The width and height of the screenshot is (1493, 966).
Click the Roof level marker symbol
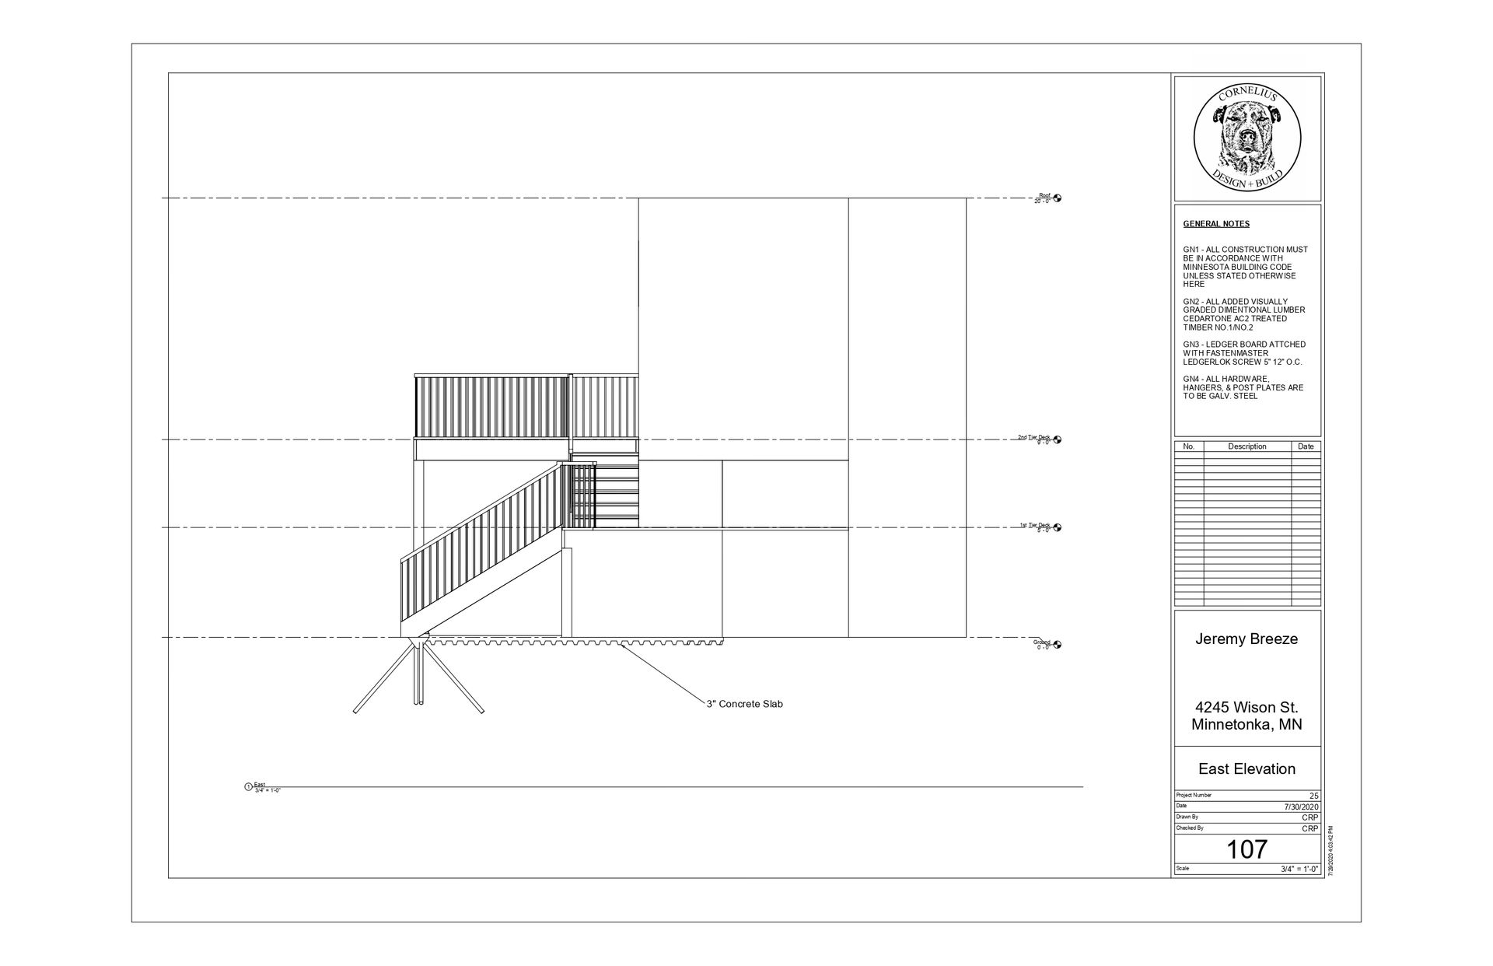point(1058,198)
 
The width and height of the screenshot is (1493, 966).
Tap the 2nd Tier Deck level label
point(1033,438)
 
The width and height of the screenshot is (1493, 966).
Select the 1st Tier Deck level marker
point(1058,527)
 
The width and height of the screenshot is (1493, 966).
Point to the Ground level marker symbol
point(1058,645)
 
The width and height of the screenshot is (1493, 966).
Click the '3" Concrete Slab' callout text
point(744,704)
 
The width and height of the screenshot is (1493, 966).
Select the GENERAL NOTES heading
point(1216,224)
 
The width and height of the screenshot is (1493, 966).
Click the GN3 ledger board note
point(1244,353)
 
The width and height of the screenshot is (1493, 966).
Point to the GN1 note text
point(1245,267)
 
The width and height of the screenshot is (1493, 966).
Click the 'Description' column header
point(1246,446)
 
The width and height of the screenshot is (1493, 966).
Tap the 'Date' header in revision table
point(1306,446)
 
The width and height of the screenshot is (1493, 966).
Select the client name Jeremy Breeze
point(1246,639)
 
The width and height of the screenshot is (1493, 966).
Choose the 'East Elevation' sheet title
point(1246,769)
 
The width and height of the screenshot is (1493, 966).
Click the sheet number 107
point(1246,849)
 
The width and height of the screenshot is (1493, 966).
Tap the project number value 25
point(1313,796)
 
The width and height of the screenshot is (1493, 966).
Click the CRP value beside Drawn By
point(1310,818)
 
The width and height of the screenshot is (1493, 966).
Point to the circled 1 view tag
point(249,787)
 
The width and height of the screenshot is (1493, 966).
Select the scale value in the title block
point(1299,870)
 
